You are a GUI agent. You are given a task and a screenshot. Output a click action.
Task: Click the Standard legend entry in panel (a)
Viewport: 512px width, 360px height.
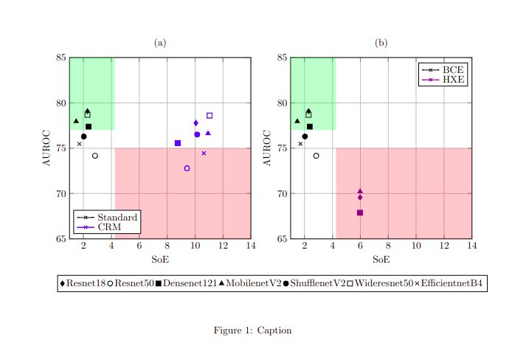(107, 218)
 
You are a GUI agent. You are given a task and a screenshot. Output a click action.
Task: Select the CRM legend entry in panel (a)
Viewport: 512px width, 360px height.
(107, 226)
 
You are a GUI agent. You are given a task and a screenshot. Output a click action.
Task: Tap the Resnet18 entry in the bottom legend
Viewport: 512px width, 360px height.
(86, 283)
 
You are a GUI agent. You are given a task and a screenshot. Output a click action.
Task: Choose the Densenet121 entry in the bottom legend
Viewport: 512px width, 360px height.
(186, 283)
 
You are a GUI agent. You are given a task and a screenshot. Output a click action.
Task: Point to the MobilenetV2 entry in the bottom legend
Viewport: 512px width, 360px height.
(249, 283)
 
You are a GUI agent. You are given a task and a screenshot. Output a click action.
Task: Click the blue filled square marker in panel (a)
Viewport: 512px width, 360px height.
(178, 143)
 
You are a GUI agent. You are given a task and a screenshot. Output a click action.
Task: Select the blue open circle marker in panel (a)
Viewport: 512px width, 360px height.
(187, 168)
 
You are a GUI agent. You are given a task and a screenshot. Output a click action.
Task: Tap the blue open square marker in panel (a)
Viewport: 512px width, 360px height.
(210, 116)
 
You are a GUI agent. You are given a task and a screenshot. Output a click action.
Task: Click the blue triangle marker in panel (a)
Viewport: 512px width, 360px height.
(208, 133)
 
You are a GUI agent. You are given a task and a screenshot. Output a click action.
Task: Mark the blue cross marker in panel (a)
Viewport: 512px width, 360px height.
(204, 153)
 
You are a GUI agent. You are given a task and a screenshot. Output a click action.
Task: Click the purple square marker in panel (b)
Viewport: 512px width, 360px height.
(360, 212)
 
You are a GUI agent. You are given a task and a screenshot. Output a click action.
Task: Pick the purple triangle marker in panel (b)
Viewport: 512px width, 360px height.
(360, 191)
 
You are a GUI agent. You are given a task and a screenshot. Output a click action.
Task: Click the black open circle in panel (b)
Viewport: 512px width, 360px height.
(316, 156)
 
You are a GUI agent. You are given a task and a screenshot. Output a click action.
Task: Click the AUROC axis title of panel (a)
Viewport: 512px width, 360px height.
(46, 148)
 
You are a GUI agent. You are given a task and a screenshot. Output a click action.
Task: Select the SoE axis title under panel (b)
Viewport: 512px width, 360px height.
(381, 259)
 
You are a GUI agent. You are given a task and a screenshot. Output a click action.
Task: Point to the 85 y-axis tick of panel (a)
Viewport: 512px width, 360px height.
(62, 58)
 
